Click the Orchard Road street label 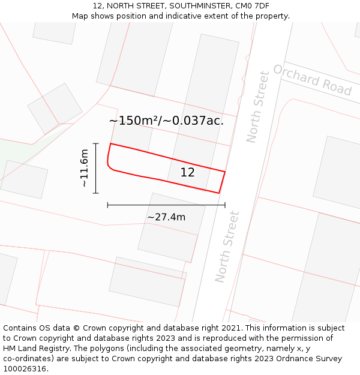pyautogui.click(x=312, y=80)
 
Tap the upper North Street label pyautogui.click(x=258, y=107)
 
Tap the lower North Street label pyautogui.click(x=227, y=247)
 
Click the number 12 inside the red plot pyautogui.click(x=188, y=173)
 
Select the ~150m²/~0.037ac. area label pyautogui.click(x=166, y=121)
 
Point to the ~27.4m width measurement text pyautogui.click(x=166, y=217)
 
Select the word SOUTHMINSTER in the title pyautogui.click(x=199, y=6)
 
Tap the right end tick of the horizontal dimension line pyautogui.click(x=225, y=205)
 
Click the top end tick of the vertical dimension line pyautogui.click(x=96, y=143)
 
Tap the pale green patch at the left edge pyautogui.click(x=12, y=150)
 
